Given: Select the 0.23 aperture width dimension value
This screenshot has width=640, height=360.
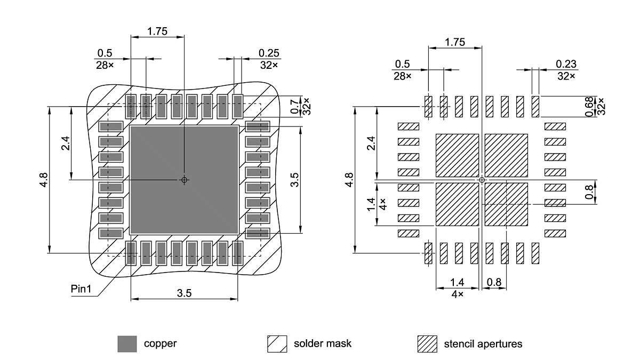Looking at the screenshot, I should (x=566, y=65).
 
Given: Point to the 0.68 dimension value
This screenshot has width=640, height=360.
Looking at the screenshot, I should (x=589, y=106).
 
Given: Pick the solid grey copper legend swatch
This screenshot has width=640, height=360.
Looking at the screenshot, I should (x=127, y=344).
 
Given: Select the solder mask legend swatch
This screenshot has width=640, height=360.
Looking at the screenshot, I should (x=277, y=344).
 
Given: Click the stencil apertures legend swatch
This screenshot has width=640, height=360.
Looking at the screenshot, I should (x=427, y=344).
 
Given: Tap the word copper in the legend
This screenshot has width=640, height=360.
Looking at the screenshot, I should (x=160, y=343).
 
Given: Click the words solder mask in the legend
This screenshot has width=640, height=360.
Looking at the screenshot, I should (x=323, y=343).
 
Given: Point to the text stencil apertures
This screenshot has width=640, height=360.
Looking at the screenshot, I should (x=483, y=343).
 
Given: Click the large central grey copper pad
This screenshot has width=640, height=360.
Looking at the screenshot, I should (x=184, y=160).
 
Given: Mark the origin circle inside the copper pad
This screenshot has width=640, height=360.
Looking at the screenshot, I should (x=184, y=180).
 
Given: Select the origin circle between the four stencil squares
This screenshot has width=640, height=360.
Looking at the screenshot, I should (x=482, y=180).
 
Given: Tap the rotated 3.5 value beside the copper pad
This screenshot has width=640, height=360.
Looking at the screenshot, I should (x=294, y=180).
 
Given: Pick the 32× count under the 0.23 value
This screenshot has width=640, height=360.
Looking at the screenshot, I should (x=566, y=76).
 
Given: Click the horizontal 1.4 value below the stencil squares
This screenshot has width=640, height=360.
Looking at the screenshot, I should (x=457, y=282).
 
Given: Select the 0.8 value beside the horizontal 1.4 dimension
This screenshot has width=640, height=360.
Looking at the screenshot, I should (x=494, y=282).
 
